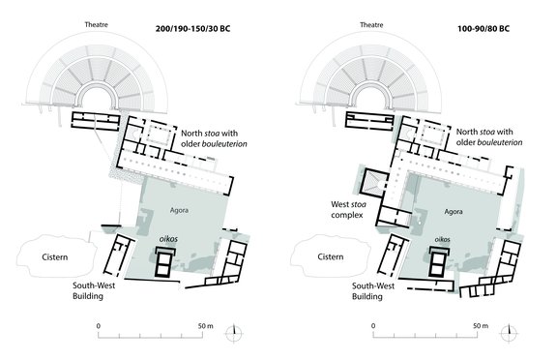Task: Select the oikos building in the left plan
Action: click(165, 261)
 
